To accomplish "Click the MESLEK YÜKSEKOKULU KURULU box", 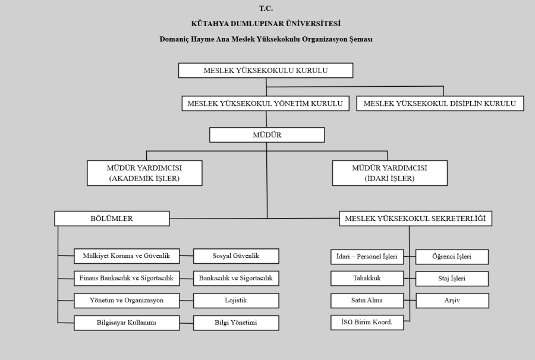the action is (x=266, y=70).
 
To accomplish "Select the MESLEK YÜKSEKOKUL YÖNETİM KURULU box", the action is (x=266, y=103).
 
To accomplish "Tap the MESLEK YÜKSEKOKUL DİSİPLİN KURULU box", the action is (x=440, y=103).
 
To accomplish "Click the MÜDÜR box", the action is (x=267, y=135).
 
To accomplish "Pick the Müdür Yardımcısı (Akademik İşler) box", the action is (x=144, y=173).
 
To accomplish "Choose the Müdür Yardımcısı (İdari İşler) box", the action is (x=389, y=173).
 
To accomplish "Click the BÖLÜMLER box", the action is (x=112, y=219).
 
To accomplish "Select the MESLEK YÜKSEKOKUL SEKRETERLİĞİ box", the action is (x=416, y=219).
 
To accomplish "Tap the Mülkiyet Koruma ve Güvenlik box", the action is (x=127, y=256).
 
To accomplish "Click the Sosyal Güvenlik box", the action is (x=236, y=256).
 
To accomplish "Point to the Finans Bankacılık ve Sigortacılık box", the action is (x=127, y=278).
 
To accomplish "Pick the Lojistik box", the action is (x=236, y=301).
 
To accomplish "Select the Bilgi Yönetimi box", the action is (x=236, y=323).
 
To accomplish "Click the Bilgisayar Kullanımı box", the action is (x=127, y=323).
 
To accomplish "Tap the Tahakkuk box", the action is (x=367, y=278).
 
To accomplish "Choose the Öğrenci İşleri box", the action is (x=452, y=257).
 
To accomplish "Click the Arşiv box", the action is (x=452, y=301).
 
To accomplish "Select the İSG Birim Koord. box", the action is (x=367, y=323).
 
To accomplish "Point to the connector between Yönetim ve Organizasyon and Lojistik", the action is (x=186, y=301).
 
